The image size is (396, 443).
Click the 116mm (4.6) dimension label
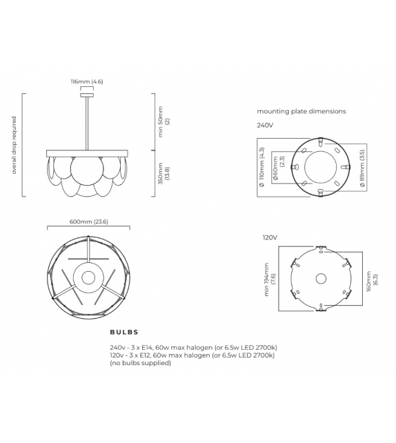[x=87, y=81]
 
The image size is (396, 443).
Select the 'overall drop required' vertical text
[x=14, y=145]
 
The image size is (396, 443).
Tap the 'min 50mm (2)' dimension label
[x=164, y=121]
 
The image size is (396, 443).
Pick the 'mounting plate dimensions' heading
[x=301, y=110]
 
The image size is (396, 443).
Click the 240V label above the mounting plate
[x=266, y=126]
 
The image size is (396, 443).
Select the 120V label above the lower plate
[x=269, y=237]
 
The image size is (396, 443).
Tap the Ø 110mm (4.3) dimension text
[x=262, y=166]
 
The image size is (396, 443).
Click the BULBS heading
[x=124, y=332]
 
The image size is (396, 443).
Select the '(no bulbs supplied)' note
[x=140, y=363]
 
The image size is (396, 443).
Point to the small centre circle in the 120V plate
[x=321, y=279]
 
